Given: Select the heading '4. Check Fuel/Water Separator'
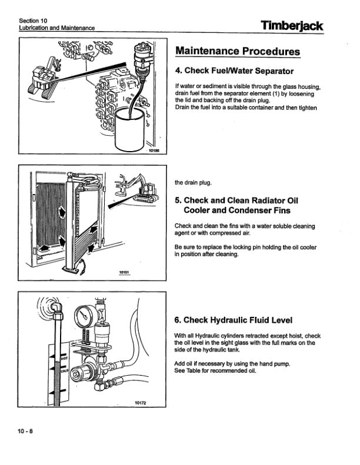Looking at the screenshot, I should [x=234, y=71].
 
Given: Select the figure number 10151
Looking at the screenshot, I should [x=124, y=273].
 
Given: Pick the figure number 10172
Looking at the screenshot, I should [x=139, y=403].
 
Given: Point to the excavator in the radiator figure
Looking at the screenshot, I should [x=141, y=188].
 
